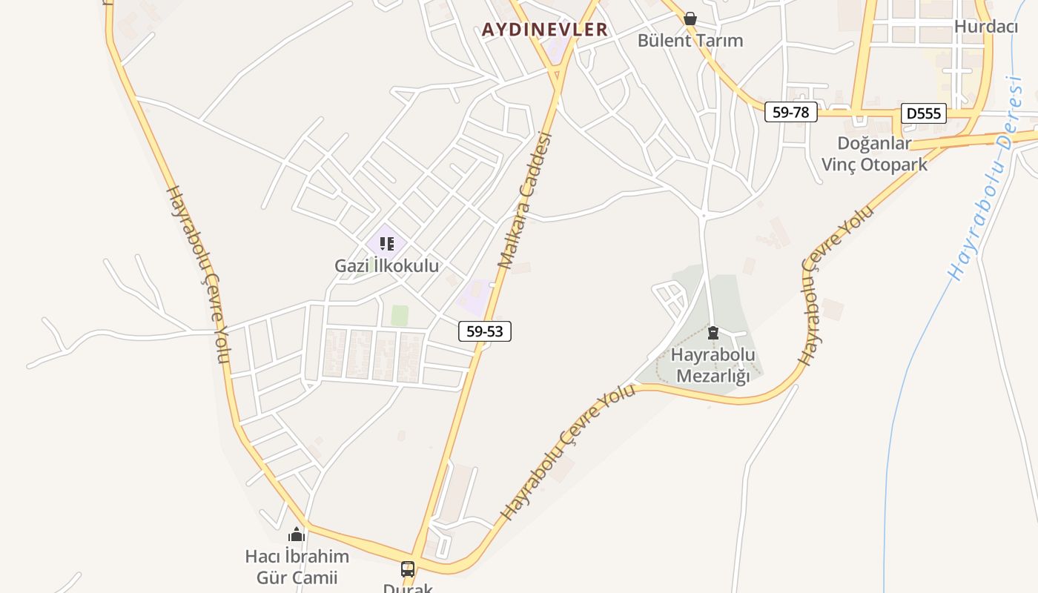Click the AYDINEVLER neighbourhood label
[544, 30]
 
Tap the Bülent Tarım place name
[690, 41]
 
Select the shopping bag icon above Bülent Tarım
[690, 19]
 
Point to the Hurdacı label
[986, 27]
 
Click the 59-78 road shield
[790, 112]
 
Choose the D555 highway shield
[924, 113]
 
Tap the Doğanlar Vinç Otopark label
[874, 154]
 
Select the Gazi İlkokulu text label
[386, 265]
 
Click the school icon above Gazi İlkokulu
[386, 243]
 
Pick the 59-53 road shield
[485, 331]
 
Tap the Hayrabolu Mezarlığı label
[713, 365]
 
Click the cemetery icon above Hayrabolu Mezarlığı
[713, 333]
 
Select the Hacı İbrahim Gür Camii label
[297, 567]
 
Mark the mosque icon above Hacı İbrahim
[297, 534]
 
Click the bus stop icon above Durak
[408, 569]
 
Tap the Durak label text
[407, 588]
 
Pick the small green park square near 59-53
[400, 316]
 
